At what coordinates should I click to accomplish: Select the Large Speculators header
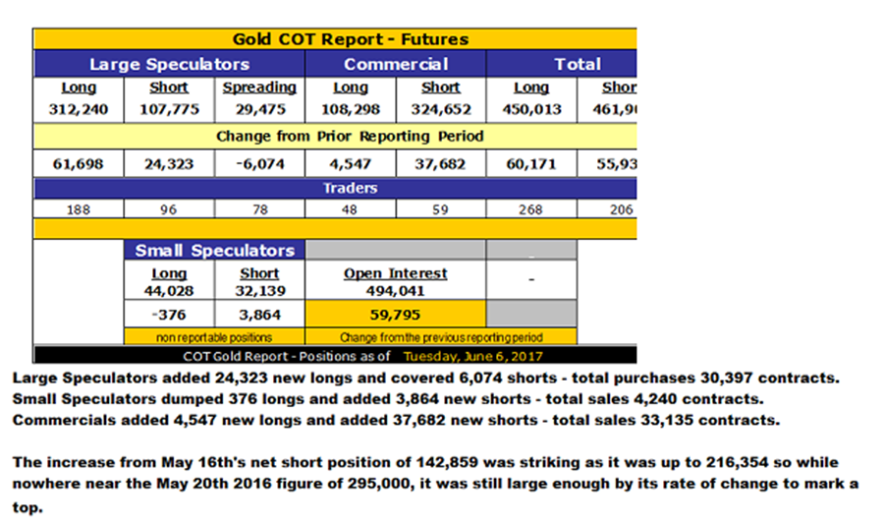[x=169, y=64]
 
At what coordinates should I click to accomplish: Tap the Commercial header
[x=396, y=64]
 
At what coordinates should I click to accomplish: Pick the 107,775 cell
[x=169, y=109]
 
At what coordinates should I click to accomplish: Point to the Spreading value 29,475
[x=259, y=109]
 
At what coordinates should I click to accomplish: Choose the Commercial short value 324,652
[x=441, y=109]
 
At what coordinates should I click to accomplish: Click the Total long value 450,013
[x=531, y=109]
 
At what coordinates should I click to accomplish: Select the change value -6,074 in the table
[x=259, y=164]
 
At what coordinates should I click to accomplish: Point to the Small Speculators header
[x=215, y=250]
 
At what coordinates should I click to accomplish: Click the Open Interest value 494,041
[x=395, y=290]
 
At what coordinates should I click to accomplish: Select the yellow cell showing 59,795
[x=395, y=316]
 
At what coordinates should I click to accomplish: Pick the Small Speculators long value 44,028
[x=169, y=290]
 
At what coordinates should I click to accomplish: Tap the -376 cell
[x=169, y=316]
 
